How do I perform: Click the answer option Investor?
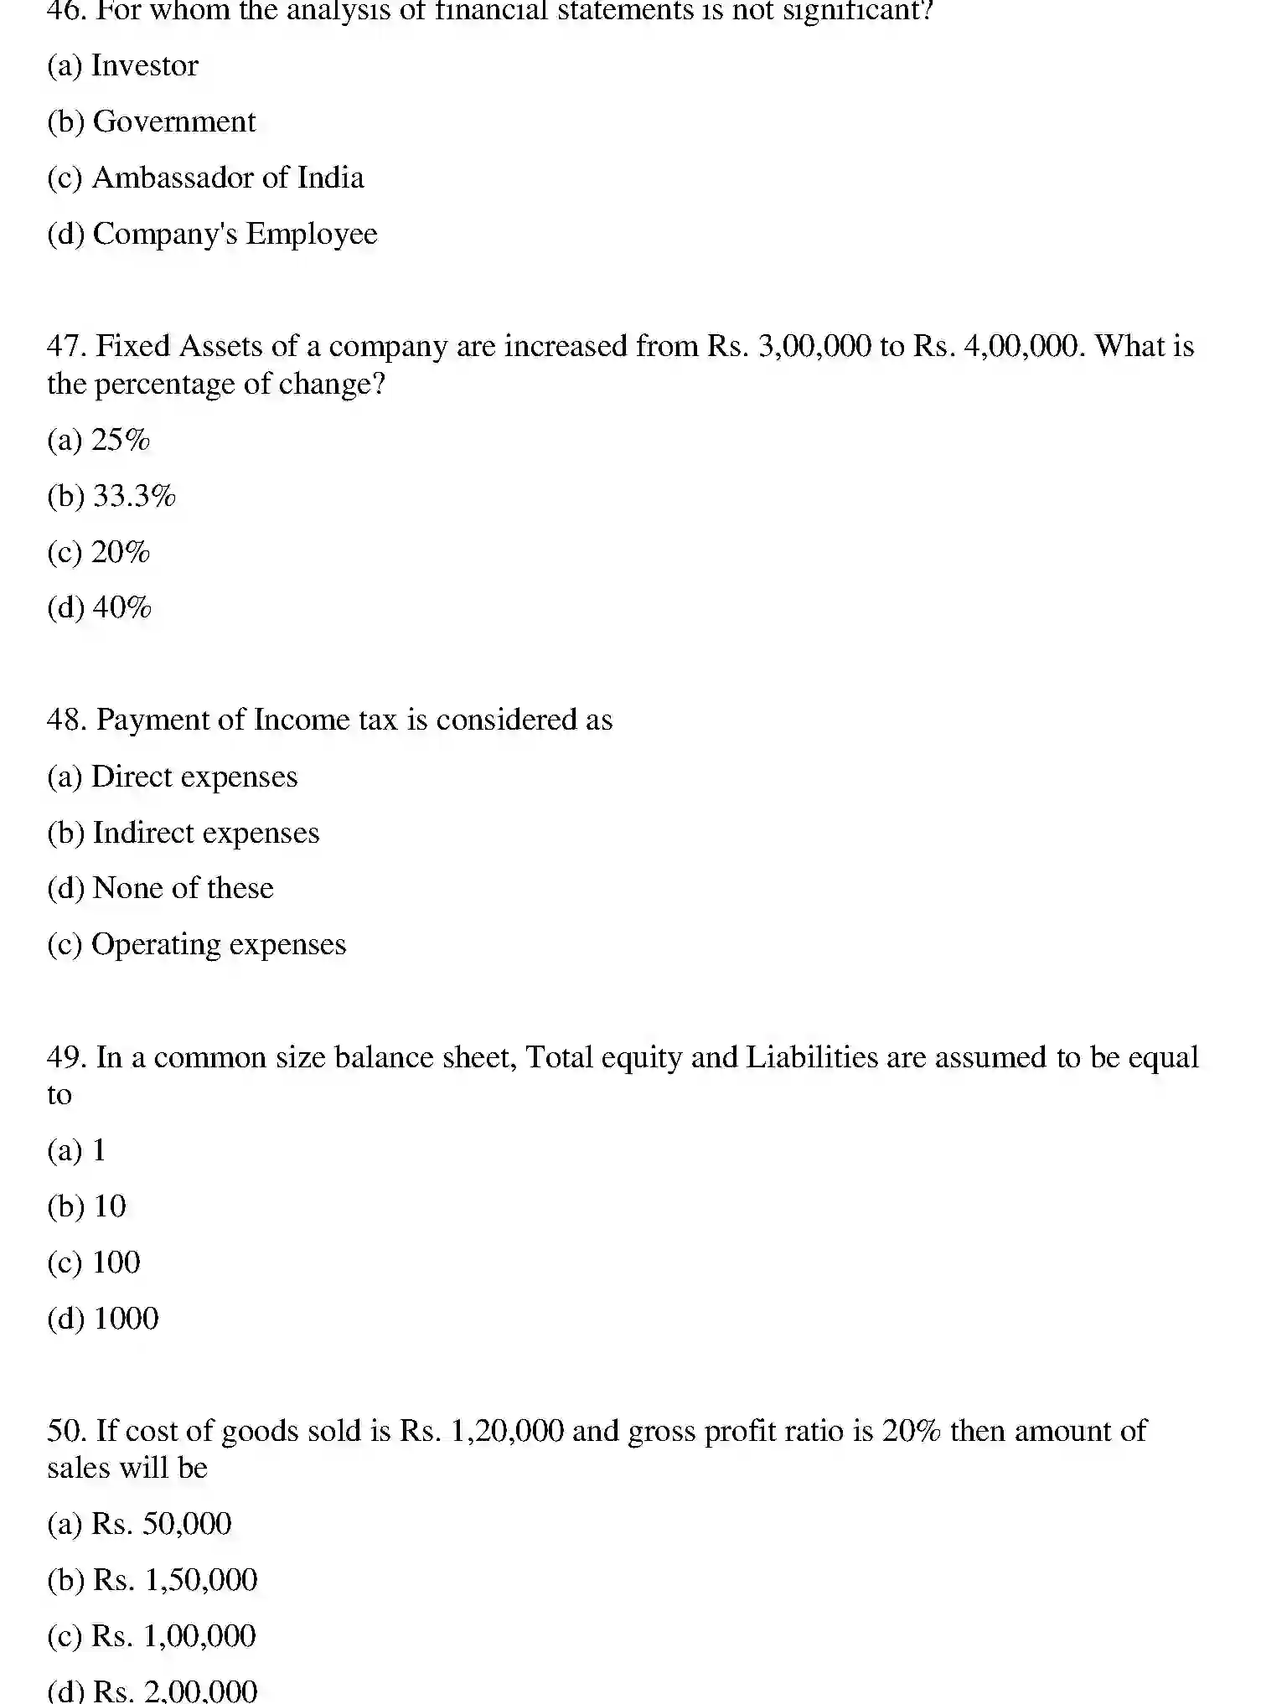point(144,65)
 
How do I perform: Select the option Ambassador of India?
point(227,178)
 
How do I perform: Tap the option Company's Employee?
point(234,234)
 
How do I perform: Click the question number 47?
point(66,346)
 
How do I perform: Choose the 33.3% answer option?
point(134,496)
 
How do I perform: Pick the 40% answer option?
point(121,607)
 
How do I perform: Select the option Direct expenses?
point(194,777)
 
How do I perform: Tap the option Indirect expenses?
point(205,833)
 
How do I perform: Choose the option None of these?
point(183,888)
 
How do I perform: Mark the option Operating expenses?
point(218,944)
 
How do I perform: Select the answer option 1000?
point(126,1319)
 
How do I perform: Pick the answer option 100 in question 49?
point(116,1263)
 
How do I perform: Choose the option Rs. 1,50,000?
point(175,1580)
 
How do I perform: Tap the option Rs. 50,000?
point(161,1524)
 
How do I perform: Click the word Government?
point(174,121)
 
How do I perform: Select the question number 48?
point(66,720)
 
